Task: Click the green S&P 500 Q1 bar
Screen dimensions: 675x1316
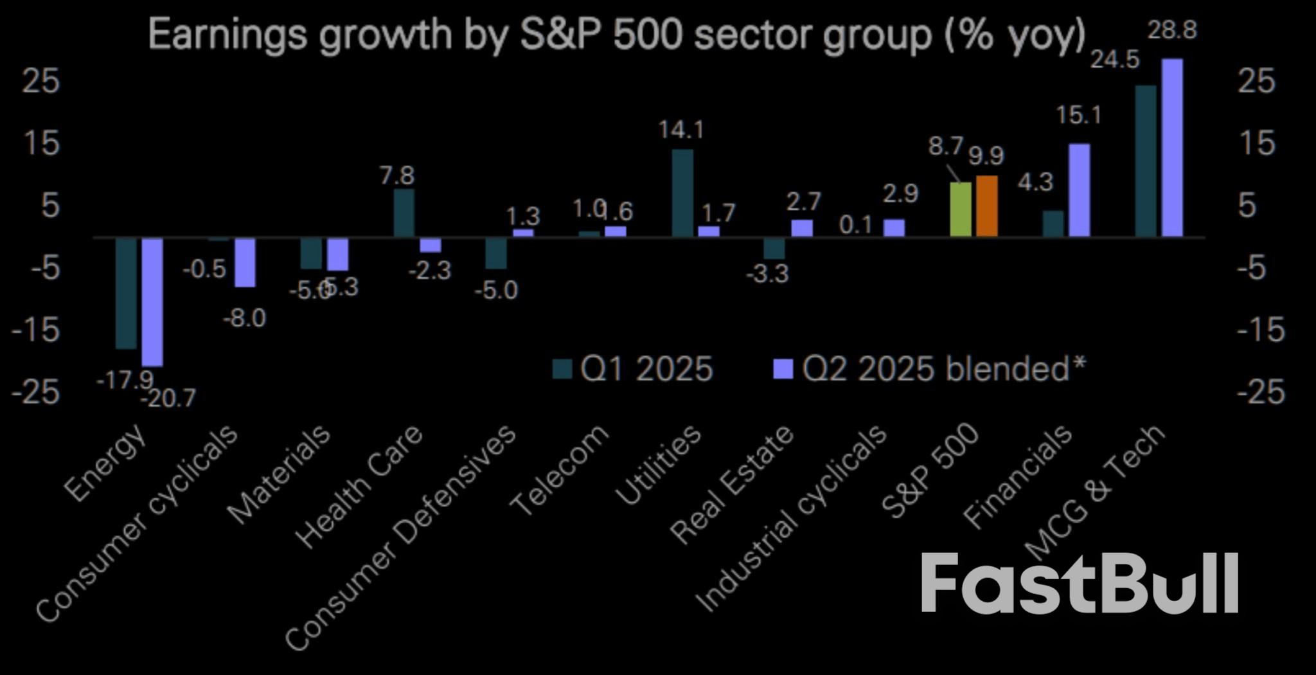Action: click(961, 210)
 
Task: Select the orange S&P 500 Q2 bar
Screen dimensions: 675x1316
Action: click(986, 206)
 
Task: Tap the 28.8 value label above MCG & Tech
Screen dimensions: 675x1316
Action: click(1172, 30)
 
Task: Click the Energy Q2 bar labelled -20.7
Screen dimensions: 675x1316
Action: click(152, 302)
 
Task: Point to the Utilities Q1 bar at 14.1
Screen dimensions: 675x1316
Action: click(682, 193)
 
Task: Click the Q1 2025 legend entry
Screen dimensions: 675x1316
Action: click(634, 369)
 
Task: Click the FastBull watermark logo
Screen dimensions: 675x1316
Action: click(1080, 584)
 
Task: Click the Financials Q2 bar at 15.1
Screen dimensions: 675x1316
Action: click(1079, 190)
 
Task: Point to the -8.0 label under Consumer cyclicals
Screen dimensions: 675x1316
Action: click(244, 318)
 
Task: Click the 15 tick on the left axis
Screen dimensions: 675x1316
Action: click(41, 143)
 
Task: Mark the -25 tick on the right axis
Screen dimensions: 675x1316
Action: click(1261, 392)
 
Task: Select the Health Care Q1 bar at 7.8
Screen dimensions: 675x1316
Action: click(404, 213)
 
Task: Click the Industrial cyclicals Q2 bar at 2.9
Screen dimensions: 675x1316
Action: click(894, 228)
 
